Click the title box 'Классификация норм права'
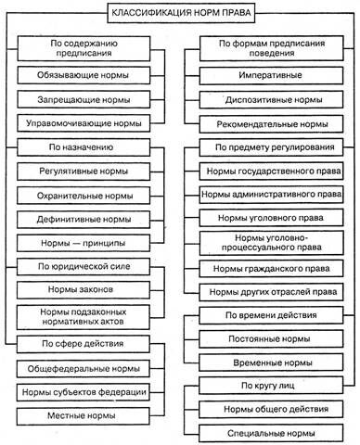(179, 14)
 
